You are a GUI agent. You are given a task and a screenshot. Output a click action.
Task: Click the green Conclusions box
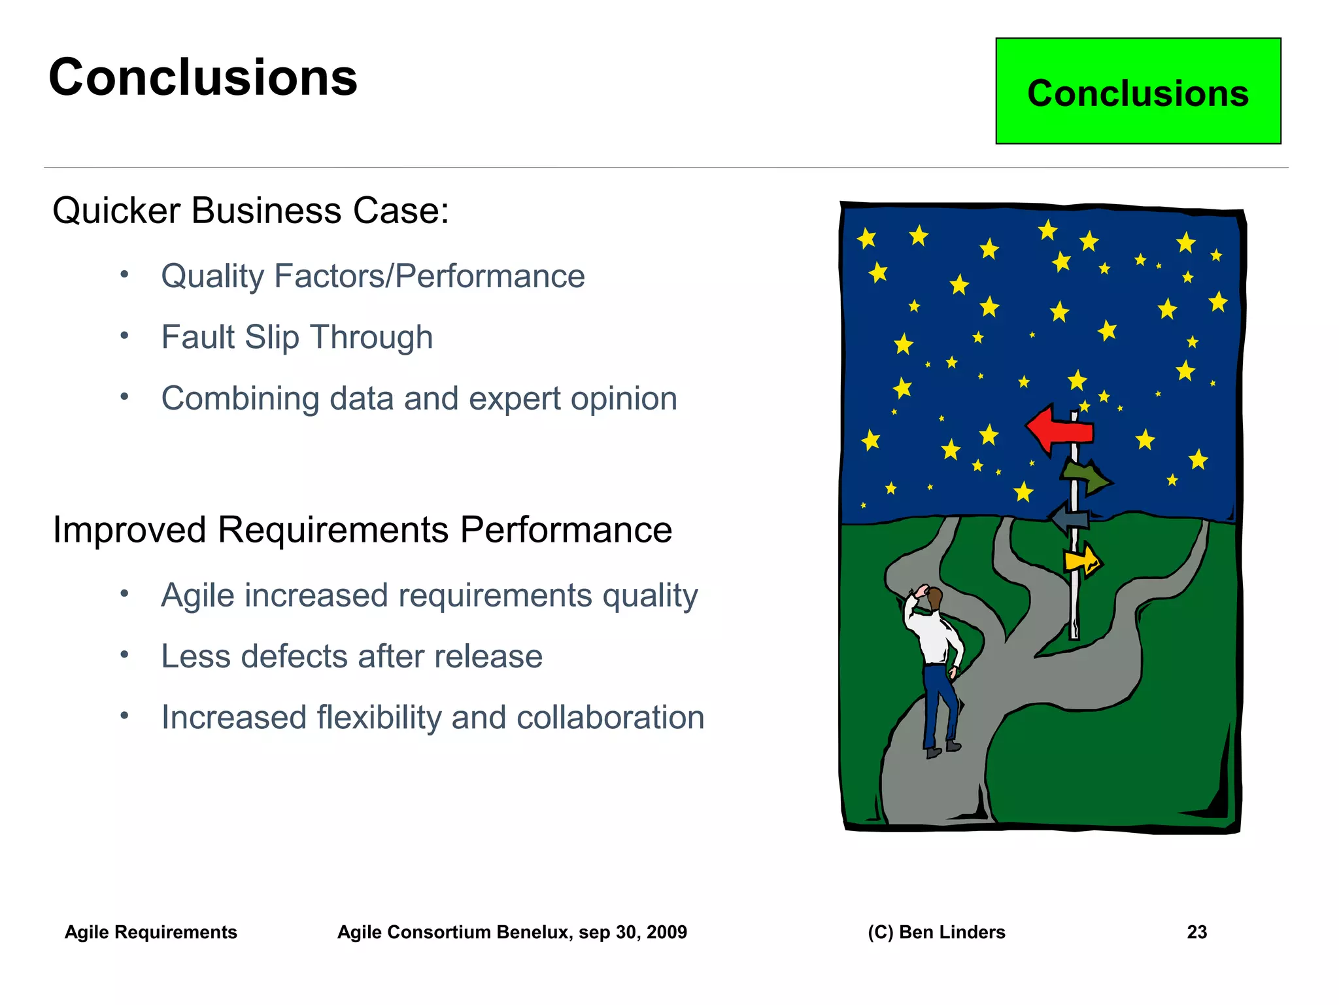coord(1138,92)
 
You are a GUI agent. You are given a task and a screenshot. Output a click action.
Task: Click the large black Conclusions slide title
coord(203,77)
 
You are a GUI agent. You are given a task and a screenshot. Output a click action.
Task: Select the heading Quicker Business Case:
coord(250,211)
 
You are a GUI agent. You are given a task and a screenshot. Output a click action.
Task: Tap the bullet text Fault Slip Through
coord(297,338)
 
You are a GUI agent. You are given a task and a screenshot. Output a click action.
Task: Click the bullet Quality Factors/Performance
coord(373,276)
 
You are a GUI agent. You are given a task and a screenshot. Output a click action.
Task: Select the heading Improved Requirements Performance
coord(362,529)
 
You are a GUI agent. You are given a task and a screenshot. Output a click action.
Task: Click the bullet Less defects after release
coord(352,656)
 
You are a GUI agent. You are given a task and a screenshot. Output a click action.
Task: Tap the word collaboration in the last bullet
coord(610,717)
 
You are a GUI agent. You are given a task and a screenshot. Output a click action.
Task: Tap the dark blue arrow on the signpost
coord(1070,518)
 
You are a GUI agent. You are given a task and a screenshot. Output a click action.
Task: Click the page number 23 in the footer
coord(1196,932)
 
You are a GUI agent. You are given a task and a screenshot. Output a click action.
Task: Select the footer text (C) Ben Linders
coord(936,932)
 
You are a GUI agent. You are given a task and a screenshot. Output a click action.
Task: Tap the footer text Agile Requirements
coord(151,932)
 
